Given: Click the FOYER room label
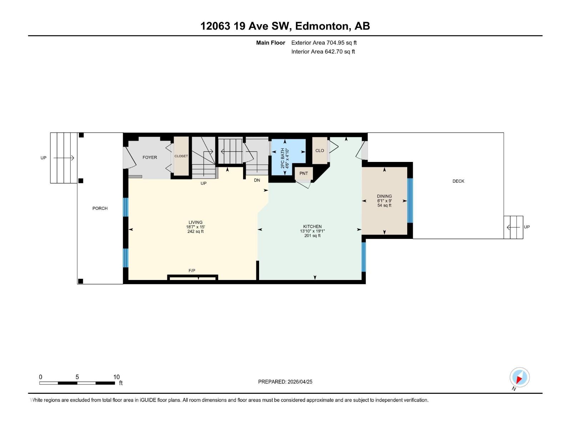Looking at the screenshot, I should coord(150,157).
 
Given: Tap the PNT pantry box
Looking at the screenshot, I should coord(304,174).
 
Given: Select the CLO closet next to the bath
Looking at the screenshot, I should coord(319,151).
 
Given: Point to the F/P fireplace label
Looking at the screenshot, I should coord(192,271).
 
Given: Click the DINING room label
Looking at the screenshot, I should coord(384,196).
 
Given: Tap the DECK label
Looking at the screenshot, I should coord(458,181).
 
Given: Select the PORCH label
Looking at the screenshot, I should coord(100,208).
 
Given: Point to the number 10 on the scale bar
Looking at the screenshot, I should coord(116,377).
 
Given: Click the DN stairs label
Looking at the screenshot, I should coord(257,180).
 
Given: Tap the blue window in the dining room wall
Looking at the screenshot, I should coord(410,200).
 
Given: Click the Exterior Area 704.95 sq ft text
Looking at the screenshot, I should coord(324,43).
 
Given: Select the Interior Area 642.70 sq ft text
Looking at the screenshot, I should coord(323,52).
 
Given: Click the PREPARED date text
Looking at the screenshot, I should coord(285,382).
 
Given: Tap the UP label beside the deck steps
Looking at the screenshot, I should coord(527,227).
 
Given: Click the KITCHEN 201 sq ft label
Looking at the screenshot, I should coord(312,235).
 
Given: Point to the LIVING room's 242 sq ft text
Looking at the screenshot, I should coord(195,231).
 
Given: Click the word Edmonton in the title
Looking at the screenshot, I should coord(322,26).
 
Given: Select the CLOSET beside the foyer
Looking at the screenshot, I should coord(181,156).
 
